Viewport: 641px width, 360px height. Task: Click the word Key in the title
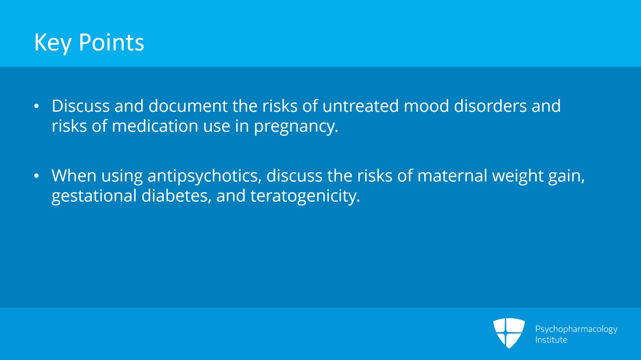pos(52,42)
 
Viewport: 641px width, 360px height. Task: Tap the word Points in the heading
pos(111,42)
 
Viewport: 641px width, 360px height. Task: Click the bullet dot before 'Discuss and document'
pos(37,107)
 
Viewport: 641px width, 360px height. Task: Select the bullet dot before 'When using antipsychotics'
pos(37,176)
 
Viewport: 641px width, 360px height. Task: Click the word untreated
pos(361,106)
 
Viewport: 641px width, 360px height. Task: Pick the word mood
pos(426,106)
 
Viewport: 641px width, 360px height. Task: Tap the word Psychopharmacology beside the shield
pos(576,329)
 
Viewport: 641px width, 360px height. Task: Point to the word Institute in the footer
pos(551,340)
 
